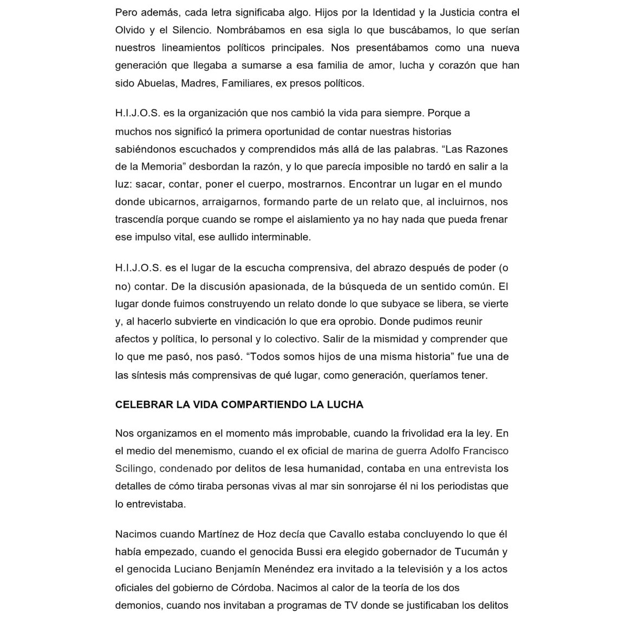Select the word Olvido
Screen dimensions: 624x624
tap(129, 30)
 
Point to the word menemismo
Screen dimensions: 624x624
tap(202, 451)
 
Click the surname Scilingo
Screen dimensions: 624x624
tap(135, 469)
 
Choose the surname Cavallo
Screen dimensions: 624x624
tap(346, 534)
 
